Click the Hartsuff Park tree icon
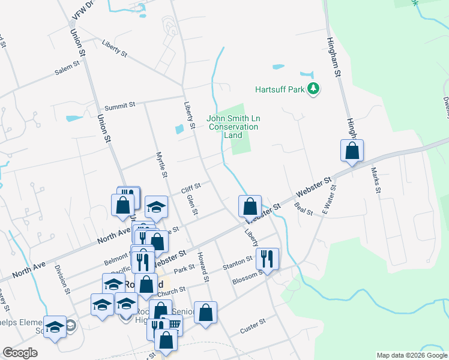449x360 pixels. point(313,89)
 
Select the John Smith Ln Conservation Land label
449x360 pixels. point(232,127)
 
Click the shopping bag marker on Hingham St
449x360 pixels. point(352,151)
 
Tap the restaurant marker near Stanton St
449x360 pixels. point(267,259)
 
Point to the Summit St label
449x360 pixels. point(119,106)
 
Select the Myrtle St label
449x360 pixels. point(160,163)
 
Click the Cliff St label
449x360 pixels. point(191,189)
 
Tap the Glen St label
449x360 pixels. point(192,205)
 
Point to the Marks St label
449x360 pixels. point(376,180)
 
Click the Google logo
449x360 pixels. point(20,353)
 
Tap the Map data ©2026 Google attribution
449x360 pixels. point(411,355)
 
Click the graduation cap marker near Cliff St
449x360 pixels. point(156,208)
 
